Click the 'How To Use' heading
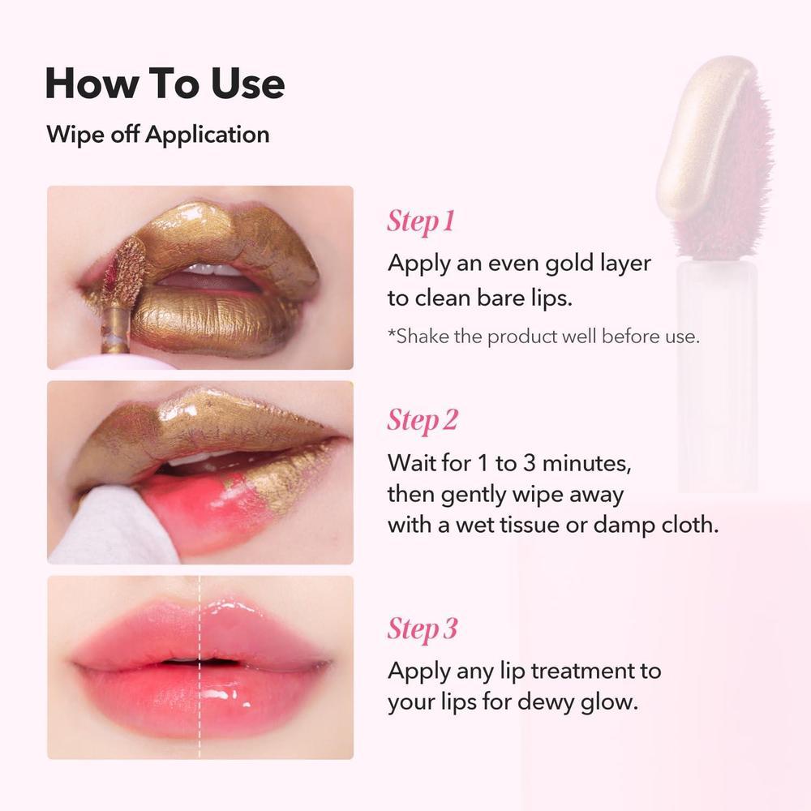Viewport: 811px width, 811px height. pos(165,83)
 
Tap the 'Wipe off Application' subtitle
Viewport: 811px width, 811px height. pos(158,135)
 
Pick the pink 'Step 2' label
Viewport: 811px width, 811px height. pos(423,420)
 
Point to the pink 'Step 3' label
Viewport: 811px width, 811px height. pos(423,629)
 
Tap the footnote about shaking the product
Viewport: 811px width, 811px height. pos(543,337)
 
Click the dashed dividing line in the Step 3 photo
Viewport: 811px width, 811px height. pos(200,667)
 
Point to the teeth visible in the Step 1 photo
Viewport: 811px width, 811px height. pos(209,269)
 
